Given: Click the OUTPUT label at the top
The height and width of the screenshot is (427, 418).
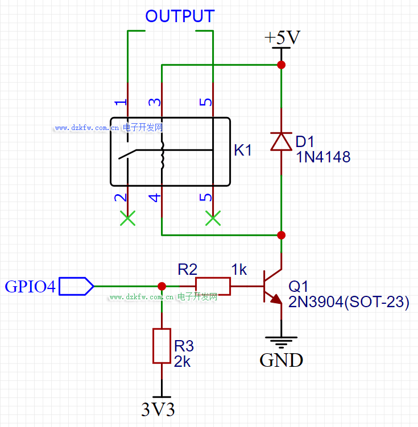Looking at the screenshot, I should point(180,16).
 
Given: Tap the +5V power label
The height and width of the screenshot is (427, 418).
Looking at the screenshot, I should point(282,38).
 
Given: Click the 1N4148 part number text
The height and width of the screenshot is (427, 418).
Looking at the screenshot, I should point(323,157).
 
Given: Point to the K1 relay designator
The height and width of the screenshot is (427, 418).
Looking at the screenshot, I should point(243,150).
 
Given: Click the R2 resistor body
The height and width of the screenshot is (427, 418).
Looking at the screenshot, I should point(213,286).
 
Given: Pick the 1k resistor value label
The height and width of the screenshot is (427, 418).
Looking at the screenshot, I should point(239,269).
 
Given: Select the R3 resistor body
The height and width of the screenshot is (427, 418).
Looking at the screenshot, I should point(162,346).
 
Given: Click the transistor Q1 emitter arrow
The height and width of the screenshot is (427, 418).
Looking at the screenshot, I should point(276,299).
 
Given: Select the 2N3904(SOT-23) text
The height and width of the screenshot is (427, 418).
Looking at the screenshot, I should point(349,302).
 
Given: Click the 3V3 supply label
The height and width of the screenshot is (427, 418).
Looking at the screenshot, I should point(158,409).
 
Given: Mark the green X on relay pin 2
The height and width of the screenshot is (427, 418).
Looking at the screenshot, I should point(128,219).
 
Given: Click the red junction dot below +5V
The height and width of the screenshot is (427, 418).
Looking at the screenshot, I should point(281,65).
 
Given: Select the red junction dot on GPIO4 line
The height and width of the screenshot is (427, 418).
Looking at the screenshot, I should point(162,286).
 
